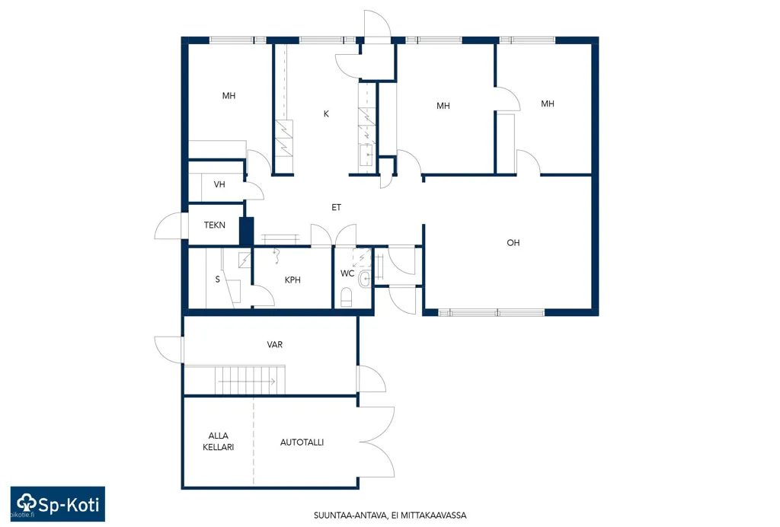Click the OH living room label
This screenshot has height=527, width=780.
coord(513,243)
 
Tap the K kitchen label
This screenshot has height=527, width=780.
coord(326,113)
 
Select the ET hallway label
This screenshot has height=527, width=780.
coord(336,207)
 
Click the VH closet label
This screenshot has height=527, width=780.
coord(219,184)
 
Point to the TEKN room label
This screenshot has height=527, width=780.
coord(214,225)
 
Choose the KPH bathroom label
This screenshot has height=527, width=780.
coord(292,280)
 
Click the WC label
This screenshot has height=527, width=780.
coord(347,273)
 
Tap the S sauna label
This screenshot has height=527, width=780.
coord(217,279)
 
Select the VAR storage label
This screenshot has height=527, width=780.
coord(274,344)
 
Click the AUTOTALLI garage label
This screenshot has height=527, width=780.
coord(302,442)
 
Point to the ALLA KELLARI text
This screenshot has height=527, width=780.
coord(219,442)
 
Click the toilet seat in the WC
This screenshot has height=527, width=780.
coord(347,298)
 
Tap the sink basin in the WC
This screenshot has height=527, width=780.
coord(365,279)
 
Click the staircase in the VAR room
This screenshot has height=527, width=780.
coord(250,380)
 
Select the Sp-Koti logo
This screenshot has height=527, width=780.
coord(58,503)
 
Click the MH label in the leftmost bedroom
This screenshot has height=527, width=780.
coord(229,96)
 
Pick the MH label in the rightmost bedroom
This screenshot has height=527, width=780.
coord(548,104)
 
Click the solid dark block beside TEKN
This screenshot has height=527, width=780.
coord(247,232)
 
